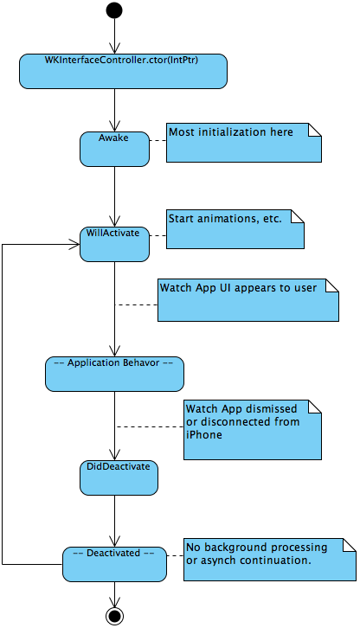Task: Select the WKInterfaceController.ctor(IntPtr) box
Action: pos(123,70)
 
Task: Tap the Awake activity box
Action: pos(114,148)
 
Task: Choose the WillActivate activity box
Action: pos(114,243)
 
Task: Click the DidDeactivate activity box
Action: pos(118,477)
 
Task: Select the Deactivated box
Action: pos(114,563)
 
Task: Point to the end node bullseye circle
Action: pos(114,615)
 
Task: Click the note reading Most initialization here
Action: pos(243,143)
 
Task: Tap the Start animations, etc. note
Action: pos(235,228)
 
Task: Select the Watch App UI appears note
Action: pos(247,298)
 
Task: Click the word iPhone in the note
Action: pos(202,434)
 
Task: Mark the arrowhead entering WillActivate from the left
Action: pos(75,244)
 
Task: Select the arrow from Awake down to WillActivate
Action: pos(114,195)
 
